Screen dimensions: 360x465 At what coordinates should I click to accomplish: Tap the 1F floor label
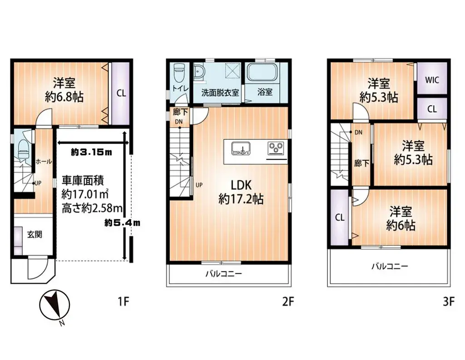pyautogui.click(x=124, y=301)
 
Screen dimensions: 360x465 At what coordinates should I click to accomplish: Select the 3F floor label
pyautogui.click(x=448, y=301)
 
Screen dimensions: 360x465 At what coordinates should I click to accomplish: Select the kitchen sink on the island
pyautogui.click(x=241, y=148)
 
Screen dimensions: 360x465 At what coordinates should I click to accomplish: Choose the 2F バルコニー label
pyautogui.click(x=224, y=274)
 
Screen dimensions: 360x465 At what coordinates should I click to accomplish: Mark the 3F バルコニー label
pyautogui.click(x=390, y=266)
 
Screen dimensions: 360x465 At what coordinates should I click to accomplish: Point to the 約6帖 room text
pyautogui.click(x=401, y=225)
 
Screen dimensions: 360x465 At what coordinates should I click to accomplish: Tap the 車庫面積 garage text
pyautogui.click(x=82, y=180)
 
